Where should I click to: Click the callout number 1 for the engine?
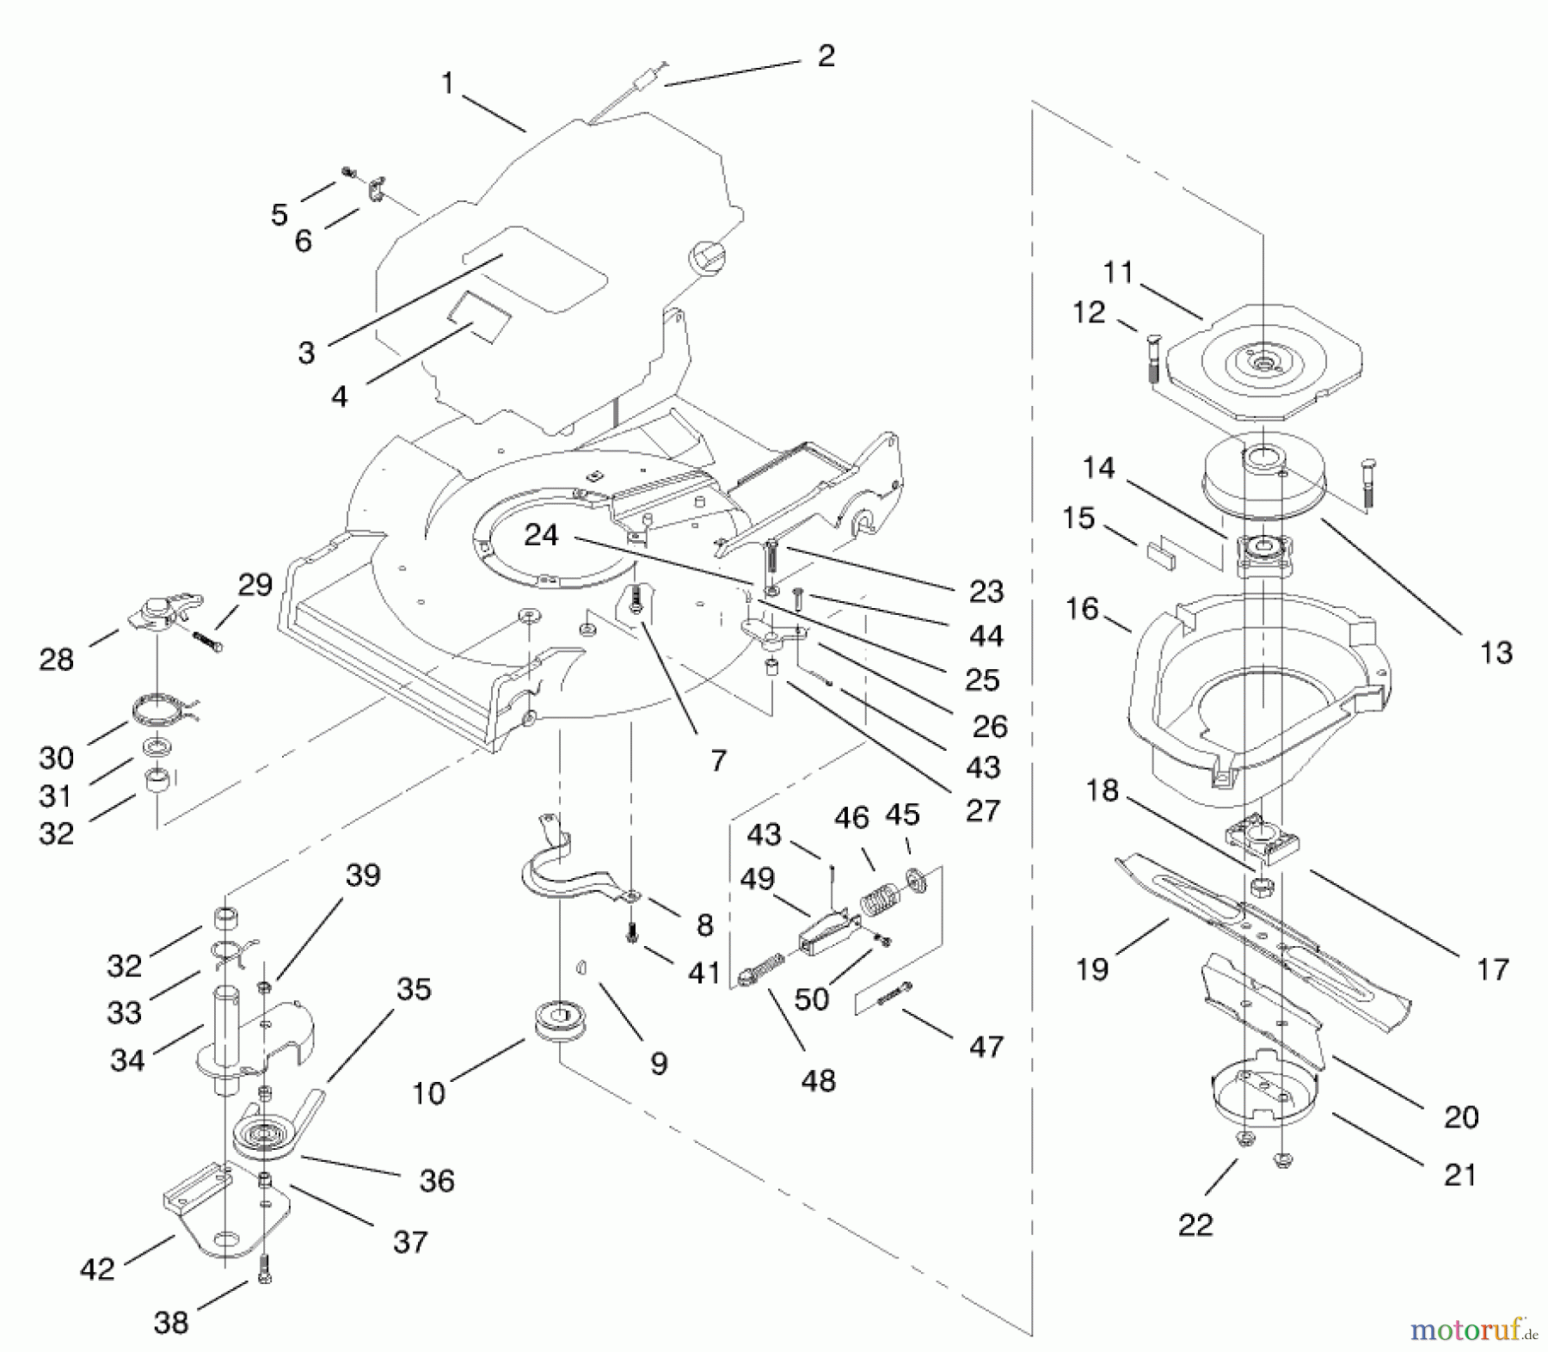click(447, 83)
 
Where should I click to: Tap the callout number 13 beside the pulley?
click(1496, 653)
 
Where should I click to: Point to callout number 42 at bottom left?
click(96, 1269)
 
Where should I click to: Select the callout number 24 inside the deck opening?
click(541, 535)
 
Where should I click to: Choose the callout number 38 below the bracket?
click(171, 1322)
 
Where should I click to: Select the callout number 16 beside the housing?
click(1082, 609)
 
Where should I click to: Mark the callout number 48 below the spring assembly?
click(818, 1081)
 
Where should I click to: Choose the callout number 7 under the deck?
click(719, 760)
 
